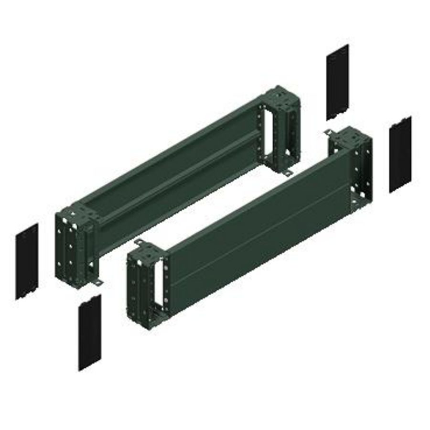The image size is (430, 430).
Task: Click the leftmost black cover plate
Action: pos(27,261)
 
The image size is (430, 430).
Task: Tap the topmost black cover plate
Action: pos(338,82)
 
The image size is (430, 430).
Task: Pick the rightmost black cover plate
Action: pos(400,154)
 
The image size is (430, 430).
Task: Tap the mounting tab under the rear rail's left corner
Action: pos(97,283)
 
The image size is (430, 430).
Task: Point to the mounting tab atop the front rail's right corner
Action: pos(329,132)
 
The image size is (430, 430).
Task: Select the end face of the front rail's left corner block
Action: pos(135,287)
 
